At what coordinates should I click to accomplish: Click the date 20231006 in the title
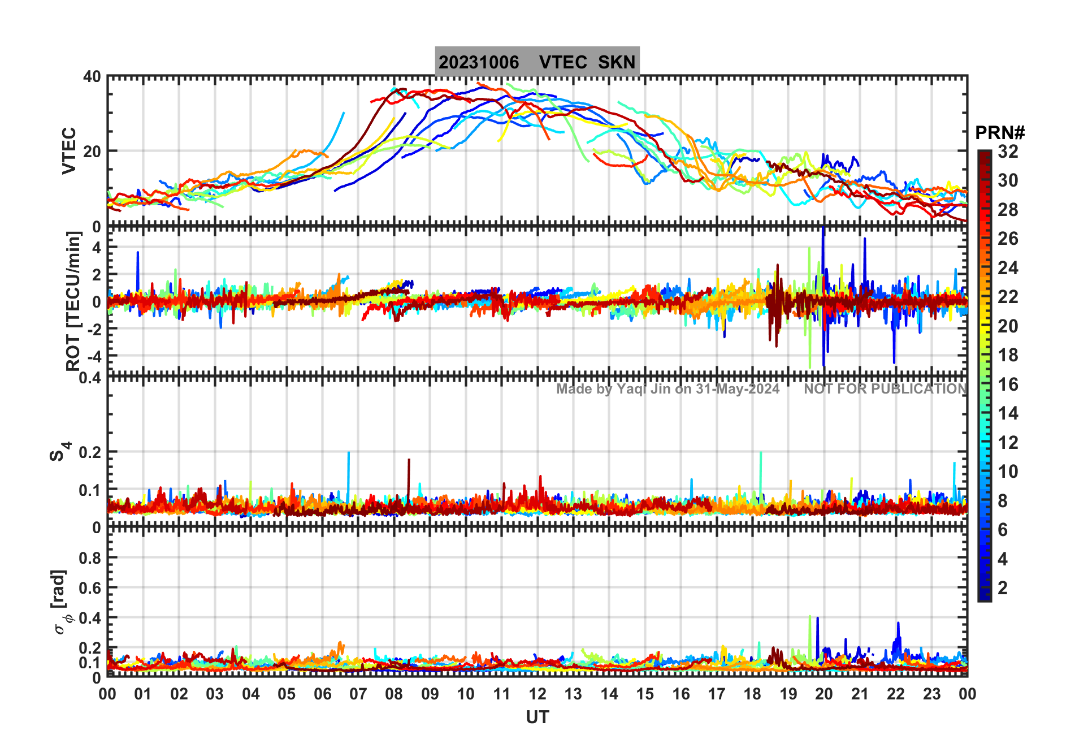point(479,62)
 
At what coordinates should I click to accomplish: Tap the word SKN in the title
point(617,62)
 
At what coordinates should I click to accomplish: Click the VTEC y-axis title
point(69,150)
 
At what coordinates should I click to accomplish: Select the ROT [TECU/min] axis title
point(73,301)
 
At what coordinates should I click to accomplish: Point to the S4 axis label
point(59,452)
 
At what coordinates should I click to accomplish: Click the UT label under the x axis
point(537,718)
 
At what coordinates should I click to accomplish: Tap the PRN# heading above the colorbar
point(999,133)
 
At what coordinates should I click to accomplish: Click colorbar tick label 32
point(1008,152)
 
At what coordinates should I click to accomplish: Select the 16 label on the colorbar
point(1008,384)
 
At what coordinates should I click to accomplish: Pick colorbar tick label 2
point(1003,588)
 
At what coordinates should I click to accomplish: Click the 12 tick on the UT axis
point(537,694)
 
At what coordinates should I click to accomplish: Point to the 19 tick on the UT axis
point(788,694)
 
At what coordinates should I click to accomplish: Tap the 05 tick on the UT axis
point(287,694)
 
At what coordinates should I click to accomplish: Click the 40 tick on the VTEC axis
point(92,77)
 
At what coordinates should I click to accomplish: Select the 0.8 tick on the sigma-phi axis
point(90,558)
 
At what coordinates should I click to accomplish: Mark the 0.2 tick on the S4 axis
point(90,452)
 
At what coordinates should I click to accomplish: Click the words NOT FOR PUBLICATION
point(885,389)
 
